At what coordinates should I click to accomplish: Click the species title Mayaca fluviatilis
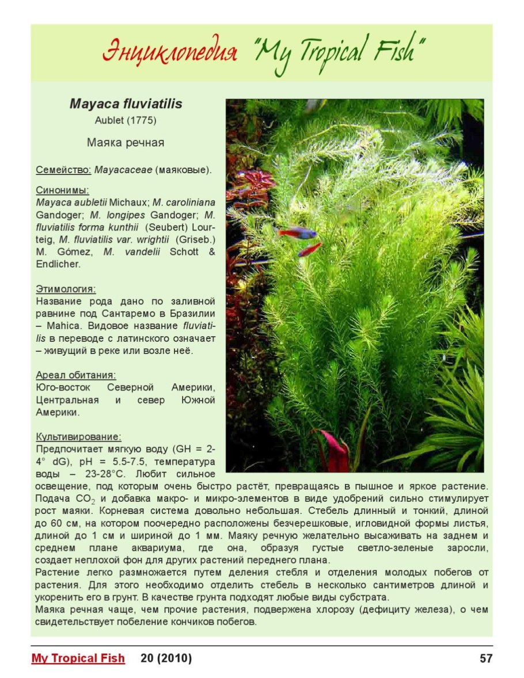pos(126,104)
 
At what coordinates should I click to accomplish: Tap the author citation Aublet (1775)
pos(126,121)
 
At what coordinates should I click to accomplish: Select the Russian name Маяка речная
pos(126,143)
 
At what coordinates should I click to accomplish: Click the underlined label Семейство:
pos(63,170)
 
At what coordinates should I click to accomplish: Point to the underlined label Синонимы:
pos(62,190)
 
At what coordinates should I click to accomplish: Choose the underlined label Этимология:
pos(66,289)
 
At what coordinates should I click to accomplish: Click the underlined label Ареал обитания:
pos(76,375)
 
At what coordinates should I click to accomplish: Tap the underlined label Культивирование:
pos(78,436)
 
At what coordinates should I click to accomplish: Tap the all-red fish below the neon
pos(310,249)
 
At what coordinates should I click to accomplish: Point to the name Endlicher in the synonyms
pos(58,264)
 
